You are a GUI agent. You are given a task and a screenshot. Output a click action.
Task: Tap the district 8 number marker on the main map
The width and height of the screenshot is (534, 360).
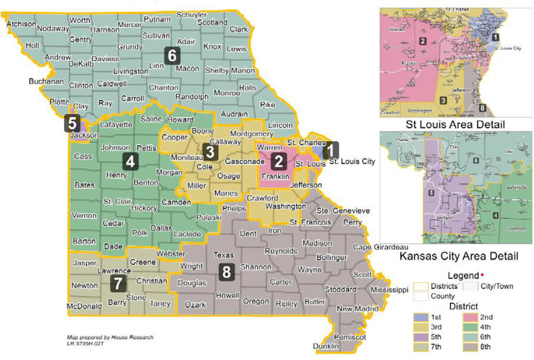coord(226,272)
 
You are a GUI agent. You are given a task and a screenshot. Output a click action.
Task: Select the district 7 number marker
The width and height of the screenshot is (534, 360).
coord(119,283)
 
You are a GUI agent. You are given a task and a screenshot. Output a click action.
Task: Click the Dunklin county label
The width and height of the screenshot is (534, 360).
coord(326,345)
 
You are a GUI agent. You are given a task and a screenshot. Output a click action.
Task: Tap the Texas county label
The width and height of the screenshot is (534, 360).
coord(223,255)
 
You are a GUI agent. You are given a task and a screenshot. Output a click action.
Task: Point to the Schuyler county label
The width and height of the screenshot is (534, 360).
coord(191,15)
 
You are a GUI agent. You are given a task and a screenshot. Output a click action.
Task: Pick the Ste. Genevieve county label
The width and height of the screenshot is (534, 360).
coord(343,211)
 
